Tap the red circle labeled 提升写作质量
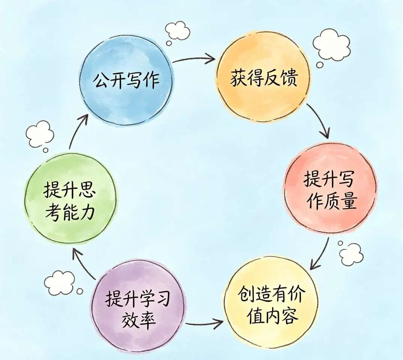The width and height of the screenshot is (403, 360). [x=330, y=188]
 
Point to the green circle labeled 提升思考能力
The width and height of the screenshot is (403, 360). [x=70, y=199]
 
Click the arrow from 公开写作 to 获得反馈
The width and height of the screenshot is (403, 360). [x=194, y=59]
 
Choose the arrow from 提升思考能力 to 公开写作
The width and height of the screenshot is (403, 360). [x=78, y=130]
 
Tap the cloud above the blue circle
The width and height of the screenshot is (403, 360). [x=177, y=30]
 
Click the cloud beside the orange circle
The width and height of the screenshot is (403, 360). [x=331, y=45]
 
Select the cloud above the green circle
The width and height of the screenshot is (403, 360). [x=40, y=134]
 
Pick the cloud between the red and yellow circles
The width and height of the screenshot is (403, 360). [x=351, y=254]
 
